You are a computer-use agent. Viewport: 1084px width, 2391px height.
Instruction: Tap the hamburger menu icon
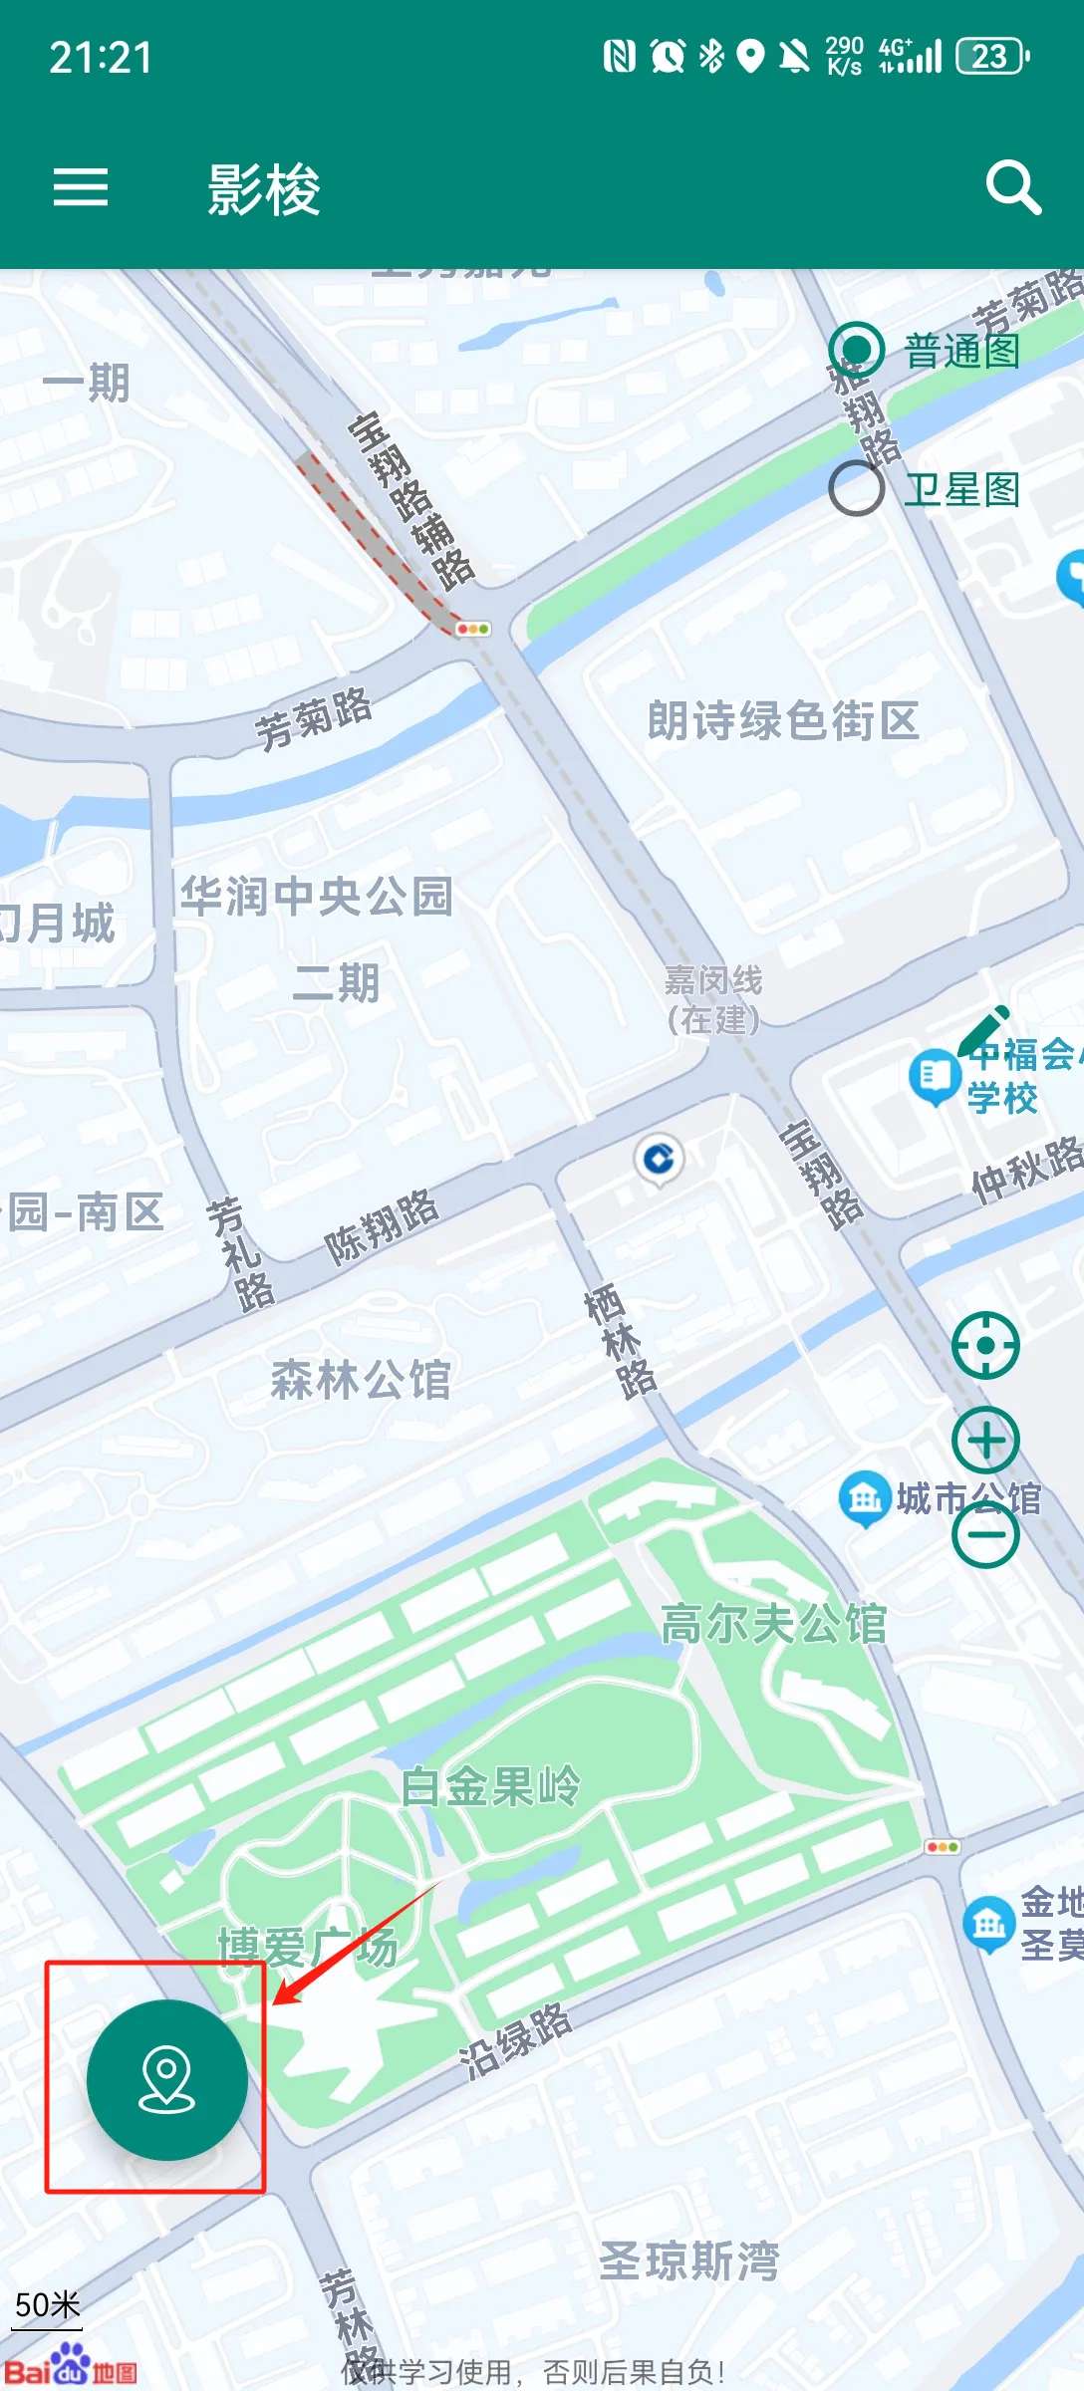[81, 187]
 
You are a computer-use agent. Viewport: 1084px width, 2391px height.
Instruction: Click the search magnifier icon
[1013, 187]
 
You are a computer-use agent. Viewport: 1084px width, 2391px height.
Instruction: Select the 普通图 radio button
[857, 350]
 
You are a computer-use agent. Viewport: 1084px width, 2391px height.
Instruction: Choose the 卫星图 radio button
[857, 488]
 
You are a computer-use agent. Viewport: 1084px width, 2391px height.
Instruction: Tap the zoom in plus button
[985, 1440]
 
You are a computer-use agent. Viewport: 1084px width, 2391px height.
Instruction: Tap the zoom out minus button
[985, 1534]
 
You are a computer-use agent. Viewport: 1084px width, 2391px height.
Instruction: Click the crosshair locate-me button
[985, 1346]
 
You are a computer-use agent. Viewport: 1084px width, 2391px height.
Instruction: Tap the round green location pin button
[167, 2080]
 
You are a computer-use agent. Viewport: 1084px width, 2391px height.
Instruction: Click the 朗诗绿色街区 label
[783, 720]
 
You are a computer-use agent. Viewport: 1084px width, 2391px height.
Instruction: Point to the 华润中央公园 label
[317, 896]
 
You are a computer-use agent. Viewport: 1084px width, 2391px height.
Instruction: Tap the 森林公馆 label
[361, 1381]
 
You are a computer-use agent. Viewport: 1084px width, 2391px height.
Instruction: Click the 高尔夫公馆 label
[773, 1624]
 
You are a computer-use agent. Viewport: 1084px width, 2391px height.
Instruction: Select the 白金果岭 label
[490, 1786]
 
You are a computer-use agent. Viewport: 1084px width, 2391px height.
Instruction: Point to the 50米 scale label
[47, 2305]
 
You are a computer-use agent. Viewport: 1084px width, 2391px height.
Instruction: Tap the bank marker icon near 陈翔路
[659, 1160]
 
